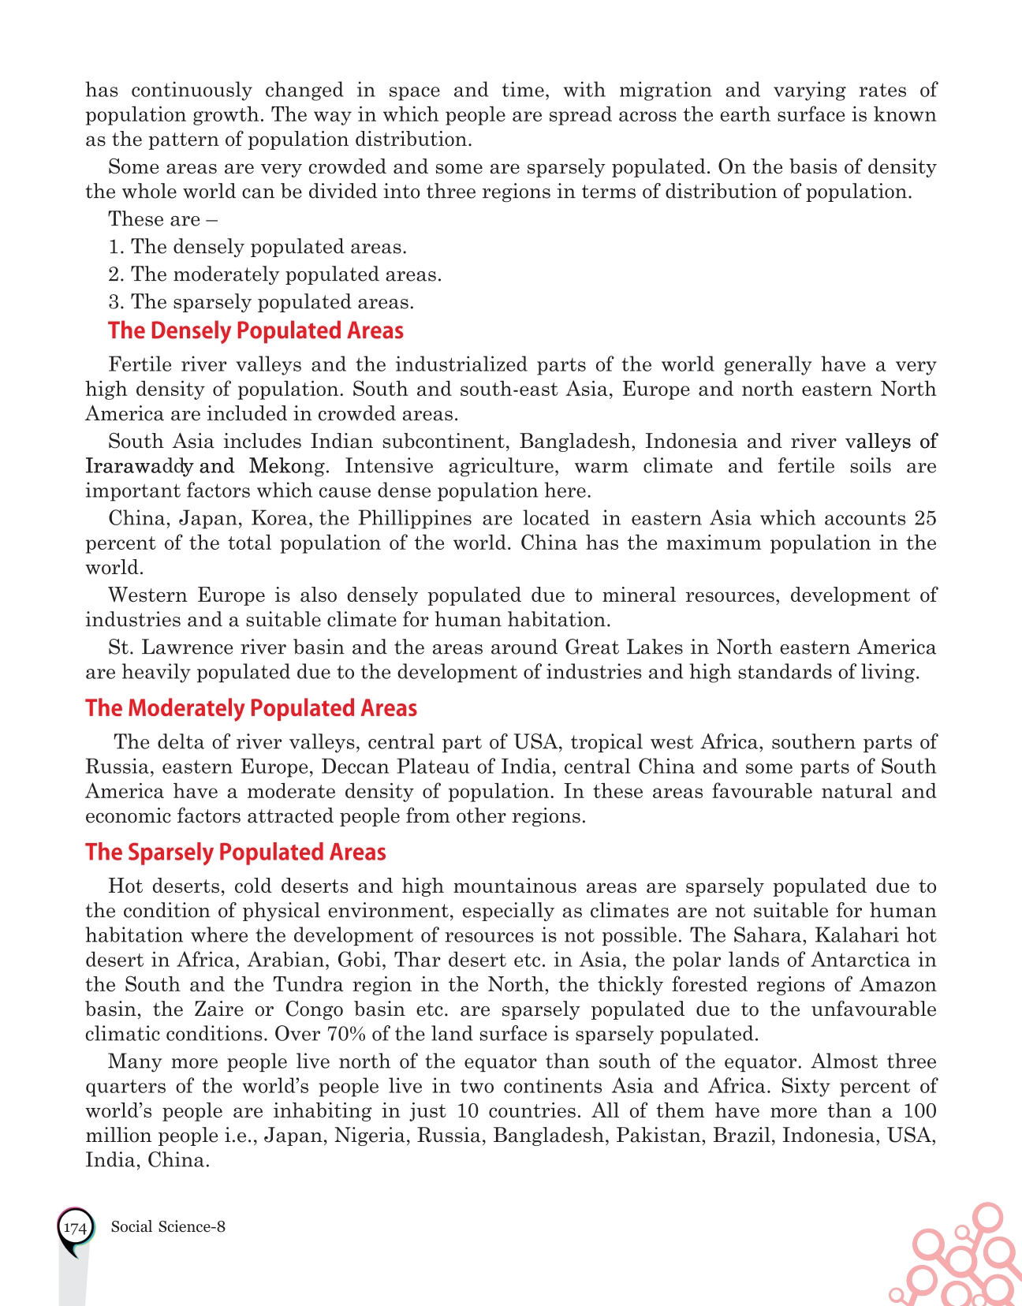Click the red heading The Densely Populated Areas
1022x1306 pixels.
click(x=255, y=330)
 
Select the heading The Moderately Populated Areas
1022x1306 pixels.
click(x=251, y=708)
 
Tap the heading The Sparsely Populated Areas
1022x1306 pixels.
click(x=236, y=853)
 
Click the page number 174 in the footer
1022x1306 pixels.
click(x=75, y=1229)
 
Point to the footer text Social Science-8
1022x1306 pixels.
click(x=169, y=1227)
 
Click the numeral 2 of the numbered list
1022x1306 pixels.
click(x=114, y=275)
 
